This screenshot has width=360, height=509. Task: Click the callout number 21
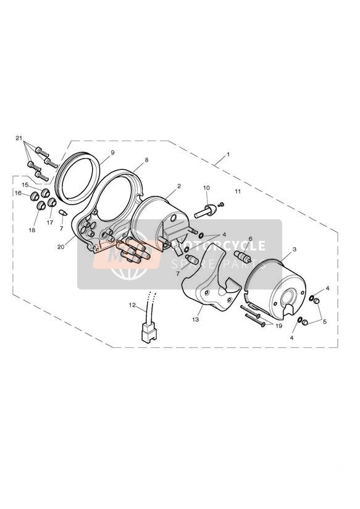pyautogui.click(x=19, y=138)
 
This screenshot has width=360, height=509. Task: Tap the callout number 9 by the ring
pyautogui.click(x=112, y=152)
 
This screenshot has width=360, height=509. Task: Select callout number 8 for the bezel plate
pyautogui.click(x=146, y=160)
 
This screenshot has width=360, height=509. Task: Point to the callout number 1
pyautogui.click(x=228, y=154)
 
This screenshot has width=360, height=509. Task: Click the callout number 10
pyautogui.click(x=206, y=188)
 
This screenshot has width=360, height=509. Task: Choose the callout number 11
pyautogui.click(x=238, y=191)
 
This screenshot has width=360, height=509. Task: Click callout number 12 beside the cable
pyautogui.click(x=132, y=305)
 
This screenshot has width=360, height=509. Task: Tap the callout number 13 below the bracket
pyautogui.click(x=195, y=319)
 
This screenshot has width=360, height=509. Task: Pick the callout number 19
pyautogui.click(x=279, y=326)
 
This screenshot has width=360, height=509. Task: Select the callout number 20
pyautogui.click(x=61, y=246)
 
